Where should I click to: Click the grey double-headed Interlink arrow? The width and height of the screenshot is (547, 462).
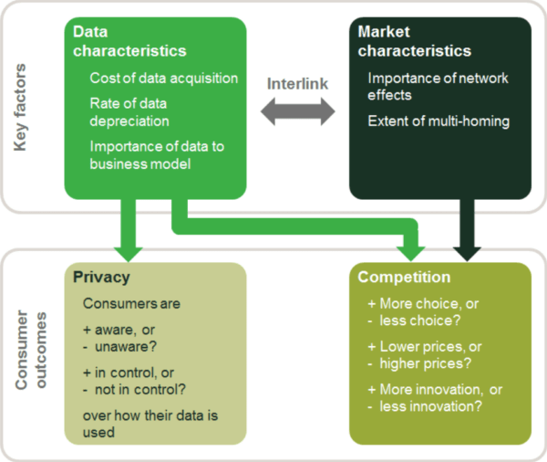297,113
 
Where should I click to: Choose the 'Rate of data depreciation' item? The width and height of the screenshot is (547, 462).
129,111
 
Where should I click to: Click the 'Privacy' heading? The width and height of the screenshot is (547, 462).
104,278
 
